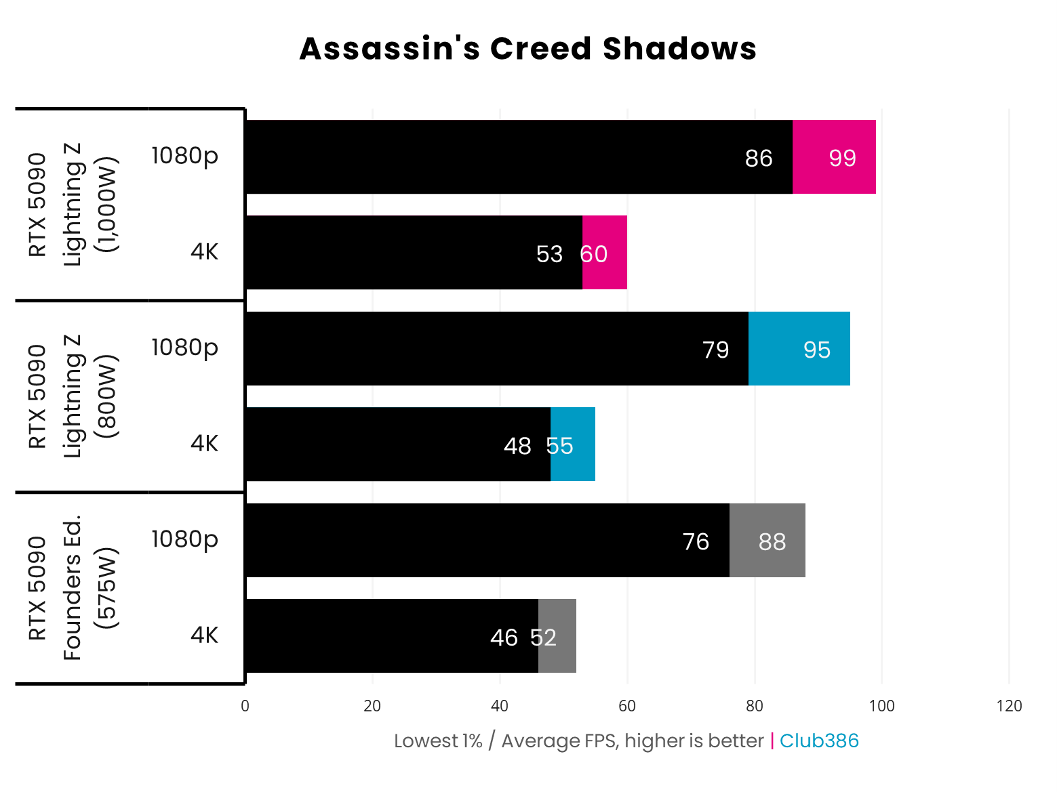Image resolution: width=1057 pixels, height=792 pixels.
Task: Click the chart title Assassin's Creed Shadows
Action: tap(527, 49)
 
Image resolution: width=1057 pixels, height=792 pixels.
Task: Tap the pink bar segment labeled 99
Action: tap(834, 157)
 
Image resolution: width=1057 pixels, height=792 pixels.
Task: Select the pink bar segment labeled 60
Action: tap(604, 253)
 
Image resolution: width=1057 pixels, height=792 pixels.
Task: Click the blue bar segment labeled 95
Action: tap(799, 349)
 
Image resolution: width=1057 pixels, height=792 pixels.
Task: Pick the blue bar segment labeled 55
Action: tap(573, 444)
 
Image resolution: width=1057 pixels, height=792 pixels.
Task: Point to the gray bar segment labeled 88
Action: tap(767, 541)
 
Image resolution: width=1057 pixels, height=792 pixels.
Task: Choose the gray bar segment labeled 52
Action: tap(557, 636)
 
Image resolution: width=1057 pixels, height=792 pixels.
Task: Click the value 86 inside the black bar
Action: tap(758, 158)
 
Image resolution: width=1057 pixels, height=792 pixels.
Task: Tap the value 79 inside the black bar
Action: tap(715, 350)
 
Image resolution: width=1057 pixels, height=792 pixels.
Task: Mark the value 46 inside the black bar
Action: tap(504, 638)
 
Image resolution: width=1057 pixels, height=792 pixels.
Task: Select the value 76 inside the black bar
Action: tap(696, 541)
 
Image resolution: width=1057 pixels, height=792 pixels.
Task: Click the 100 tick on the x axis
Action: tap(881, 706)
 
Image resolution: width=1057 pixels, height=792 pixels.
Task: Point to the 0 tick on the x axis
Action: tap(245, 706)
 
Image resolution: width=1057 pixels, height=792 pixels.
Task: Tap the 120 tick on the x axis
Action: tap(1009, 706)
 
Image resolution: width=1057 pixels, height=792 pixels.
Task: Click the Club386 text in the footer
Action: tap(819, 741)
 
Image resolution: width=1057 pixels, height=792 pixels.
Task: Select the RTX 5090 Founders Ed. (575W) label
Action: tap(73, 588)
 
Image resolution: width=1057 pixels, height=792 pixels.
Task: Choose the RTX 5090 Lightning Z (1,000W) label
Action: tap(73, 204)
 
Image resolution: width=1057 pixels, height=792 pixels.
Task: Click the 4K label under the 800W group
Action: tap(204, 443)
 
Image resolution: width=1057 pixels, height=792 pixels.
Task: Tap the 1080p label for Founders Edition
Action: tap(184, 539)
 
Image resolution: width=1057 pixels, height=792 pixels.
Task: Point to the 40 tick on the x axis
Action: tap(500, 706)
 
